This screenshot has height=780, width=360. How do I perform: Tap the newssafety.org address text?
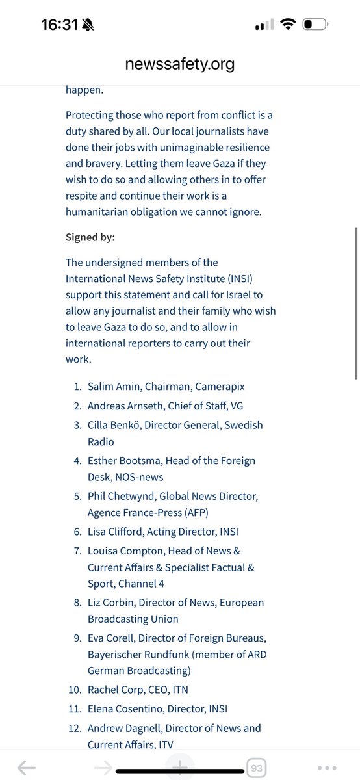(x=180, y=64)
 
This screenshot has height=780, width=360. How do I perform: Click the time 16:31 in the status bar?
(x=59, y=25)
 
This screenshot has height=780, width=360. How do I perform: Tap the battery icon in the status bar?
(x=316, y=25)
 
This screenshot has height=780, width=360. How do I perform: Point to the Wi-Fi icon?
(x=287, y=25)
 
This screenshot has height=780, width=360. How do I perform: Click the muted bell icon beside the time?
(x=88, y=25)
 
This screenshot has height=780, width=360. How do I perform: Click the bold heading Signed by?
(x=90, y=237)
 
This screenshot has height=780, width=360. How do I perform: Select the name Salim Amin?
(x=114, y=386)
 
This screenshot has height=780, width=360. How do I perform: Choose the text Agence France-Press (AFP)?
(x=148, y=512)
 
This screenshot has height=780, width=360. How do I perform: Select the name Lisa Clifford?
(x=114, y=532)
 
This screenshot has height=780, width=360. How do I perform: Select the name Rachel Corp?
(x=114, y=689)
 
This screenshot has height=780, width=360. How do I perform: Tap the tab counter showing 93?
(x=257, y=768)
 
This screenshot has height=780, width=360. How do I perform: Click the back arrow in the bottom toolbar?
(x=26, y=768)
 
